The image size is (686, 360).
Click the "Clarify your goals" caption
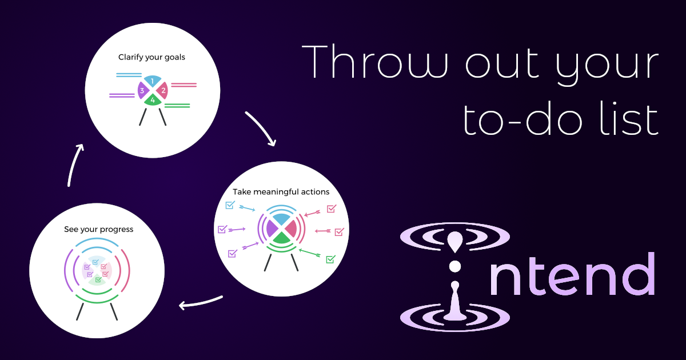(152, 57)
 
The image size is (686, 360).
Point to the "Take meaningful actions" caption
(281, 191)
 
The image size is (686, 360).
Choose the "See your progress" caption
(98, 229)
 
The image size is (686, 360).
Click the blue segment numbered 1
(152, 81)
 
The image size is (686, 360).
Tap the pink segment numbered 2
(163, 90)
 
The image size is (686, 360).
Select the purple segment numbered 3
(141, 90)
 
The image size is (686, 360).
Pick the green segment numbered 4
(152, 100)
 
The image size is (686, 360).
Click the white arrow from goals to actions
(261, 128)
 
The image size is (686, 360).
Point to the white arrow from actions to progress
(200, 303)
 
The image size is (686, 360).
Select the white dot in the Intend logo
(455, 266)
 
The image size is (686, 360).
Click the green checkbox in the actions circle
(330, 259)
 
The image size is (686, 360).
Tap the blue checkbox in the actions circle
(230, 205)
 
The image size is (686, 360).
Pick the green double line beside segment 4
(177, 105)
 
